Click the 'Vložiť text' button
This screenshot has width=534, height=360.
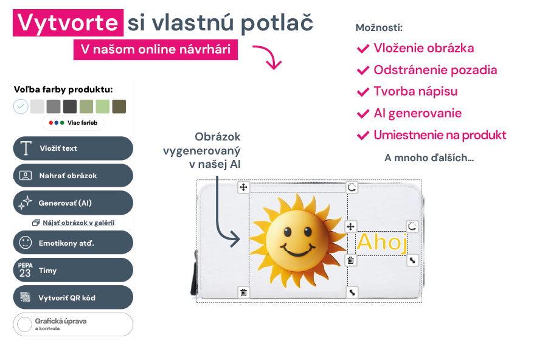pos(73,148)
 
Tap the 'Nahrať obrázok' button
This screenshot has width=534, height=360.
pos(73,175)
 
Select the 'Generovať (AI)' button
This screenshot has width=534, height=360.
pos(73,202)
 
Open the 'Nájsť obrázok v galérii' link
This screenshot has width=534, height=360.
pos(78,223)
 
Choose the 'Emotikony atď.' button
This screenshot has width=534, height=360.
pos(73,243)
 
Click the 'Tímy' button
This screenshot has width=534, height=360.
pos(73,270)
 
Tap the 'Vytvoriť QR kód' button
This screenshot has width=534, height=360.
pos(73,297)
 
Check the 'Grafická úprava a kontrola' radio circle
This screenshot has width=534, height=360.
pos(24,324)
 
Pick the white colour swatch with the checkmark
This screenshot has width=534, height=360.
pos(21,106)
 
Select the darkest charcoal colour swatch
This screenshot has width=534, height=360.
pos(70,106)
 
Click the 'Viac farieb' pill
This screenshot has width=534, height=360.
pos(73,123)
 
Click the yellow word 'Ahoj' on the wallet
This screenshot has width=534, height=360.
pos(382,242)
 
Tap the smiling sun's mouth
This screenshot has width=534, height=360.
pos(297,250)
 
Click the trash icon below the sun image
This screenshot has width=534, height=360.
pos(243,292)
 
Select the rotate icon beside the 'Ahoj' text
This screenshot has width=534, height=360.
pos(412,226)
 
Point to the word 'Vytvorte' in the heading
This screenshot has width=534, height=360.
pos(68,23)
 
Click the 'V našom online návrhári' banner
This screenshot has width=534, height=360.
pos(156,50)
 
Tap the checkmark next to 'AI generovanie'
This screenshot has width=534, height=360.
pos(363,114)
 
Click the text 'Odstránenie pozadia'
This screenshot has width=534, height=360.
pos(435,70)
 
